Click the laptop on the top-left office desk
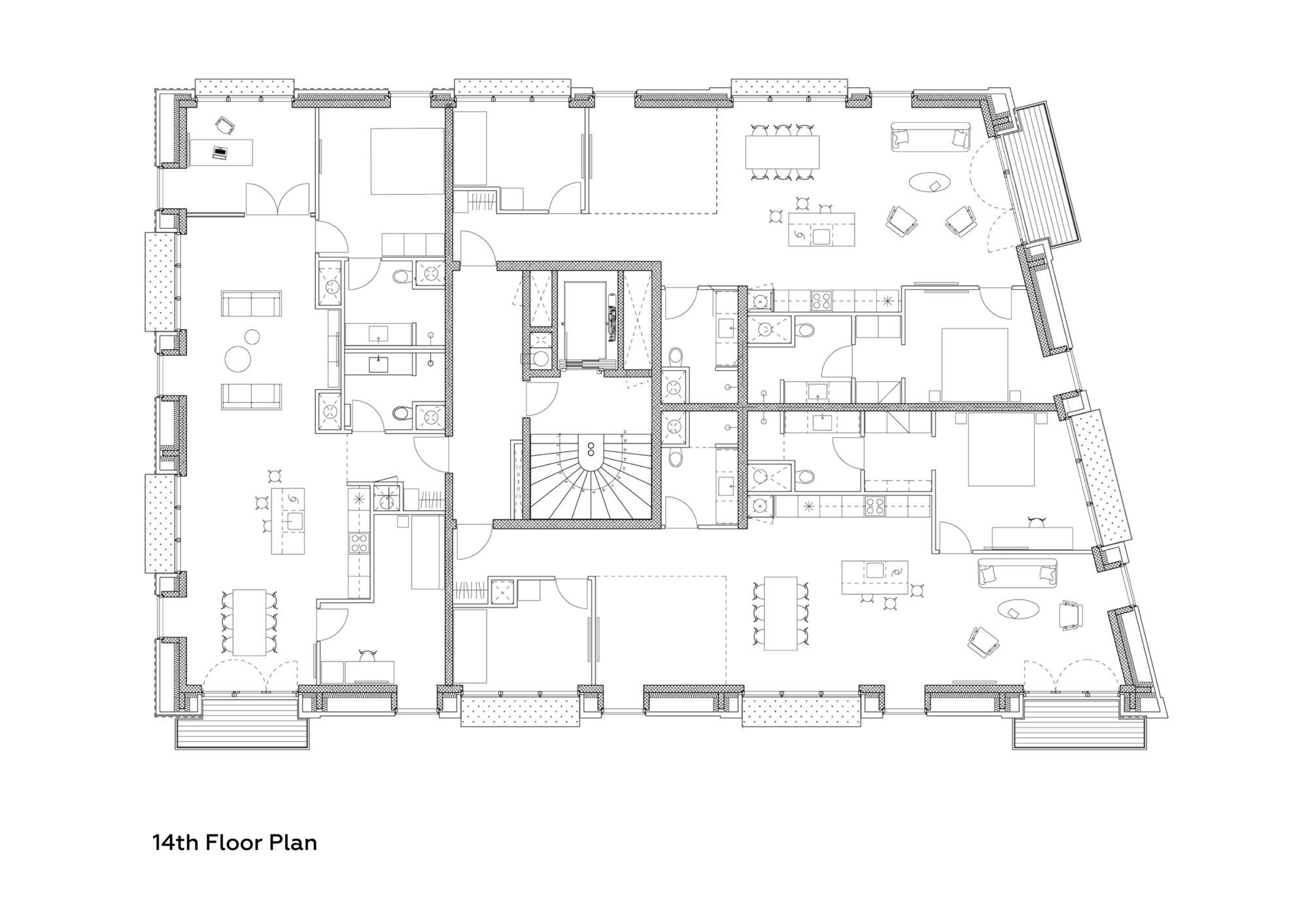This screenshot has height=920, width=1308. click(220, 153)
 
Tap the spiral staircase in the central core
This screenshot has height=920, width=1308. click(591, 478)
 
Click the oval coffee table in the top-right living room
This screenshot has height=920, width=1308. click(931, 183)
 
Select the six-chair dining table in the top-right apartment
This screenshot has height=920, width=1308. click(782, 152)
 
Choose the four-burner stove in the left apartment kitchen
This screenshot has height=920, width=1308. click(358, 542)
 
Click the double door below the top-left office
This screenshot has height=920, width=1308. click(277, 200)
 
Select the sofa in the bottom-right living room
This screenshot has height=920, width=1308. click(1016, 573)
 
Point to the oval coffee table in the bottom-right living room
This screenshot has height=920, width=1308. click(1018, 610)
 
